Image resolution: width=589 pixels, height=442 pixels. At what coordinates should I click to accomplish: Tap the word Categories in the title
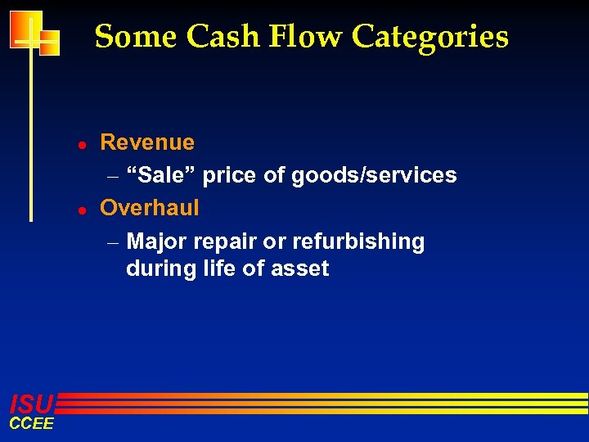tap(430, 38)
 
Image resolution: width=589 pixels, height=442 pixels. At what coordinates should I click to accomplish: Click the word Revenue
tap(147, 142)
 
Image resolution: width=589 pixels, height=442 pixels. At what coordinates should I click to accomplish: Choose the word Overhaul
tap(150, 208)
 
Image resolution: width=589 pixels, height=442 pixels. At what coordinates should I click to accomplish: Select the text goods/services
tap(375, 175)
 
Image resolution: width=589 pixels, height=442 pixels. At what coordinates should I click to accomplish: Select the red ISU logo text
tap(31, 403)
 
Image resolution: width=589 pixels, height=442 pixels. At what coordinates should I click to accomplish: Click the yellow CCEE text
tap(31, 423)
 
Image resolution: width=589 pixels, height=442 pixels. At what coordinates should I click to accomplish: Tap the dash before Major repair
tap(113, 243)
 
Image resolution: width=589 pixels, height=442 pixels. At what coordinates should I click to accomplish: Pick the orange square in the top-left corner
tap(25, 30)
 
